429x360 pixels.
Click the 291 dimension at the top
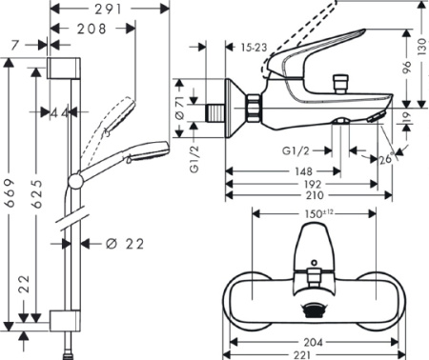[x=109, y=10]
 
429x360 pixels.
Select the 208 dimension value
[x=92, y=29]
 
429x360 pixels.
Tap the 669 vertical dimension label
[x=10, y=193]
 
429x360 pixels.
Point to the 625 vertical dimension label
[x=37, y=193]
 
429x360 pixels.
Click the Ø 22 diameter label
[x=125, y=244]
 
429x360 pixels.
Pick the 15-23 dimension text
[x=254, y=48]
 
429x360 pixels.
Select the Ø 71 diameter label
[x=180, y=108]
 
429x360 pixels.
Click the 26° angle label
[x=387, y=158]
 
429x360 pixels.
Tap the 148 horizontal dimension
[x=303, y=171]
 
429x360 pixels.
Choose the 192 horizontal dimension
[x=313, y=184]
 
